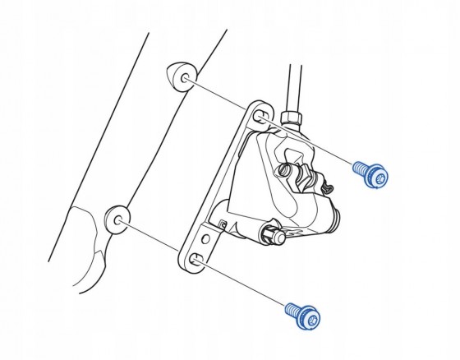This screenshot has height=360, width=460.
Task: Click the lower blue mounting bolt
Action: (x=303, y=313)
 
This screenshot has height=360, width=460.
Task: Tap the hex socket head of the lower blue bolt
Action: (x=310, y=316)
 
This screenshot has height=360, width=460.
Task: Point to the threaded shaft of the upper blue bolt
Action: (x=360, y=168)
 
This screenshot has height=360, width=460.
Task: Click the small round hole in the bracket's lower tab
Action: (x=209, y=239)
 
